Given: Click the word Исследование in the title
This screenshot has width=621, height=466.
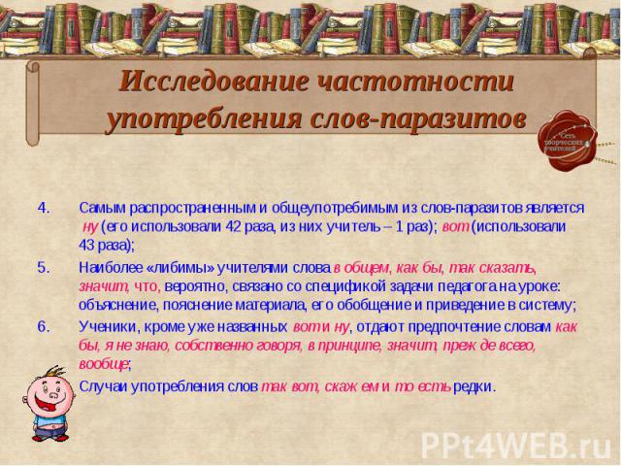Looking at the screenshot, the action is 213,82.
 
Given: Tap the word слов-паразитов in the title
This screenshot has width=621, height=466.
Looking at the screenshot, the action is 417,118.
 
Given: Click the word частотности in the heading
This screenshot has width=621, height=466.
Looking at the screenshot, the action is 415,82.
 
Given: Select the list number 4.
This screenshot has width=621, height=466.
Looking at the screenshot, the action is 44,208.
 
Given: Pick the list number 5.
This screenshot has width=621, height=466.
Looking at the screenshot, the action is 44,268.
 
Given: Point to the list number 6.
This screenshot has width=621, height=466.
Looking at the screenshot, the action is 44,327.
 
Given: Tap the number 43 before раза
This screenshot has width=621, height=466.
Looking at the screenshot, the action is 87,246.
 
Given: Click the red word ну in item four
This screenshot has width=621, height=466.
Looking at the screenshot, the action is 90,227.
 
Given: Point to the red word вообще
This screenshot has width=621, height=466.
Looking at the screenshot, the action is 103,364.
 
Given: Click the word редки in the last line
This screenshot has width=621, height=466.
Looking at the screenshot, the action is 473,386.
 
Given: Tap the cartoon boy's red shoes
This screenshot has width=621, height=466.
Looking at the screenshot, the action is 49,438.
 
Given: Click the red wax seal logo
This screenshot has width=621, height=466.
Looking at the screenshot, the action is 567,140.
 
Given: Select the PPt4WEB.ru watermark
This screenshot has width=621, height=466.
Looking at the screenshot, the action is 515,445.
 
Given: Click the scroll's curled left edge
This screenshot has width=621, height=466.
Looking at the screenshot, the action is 33,103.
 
